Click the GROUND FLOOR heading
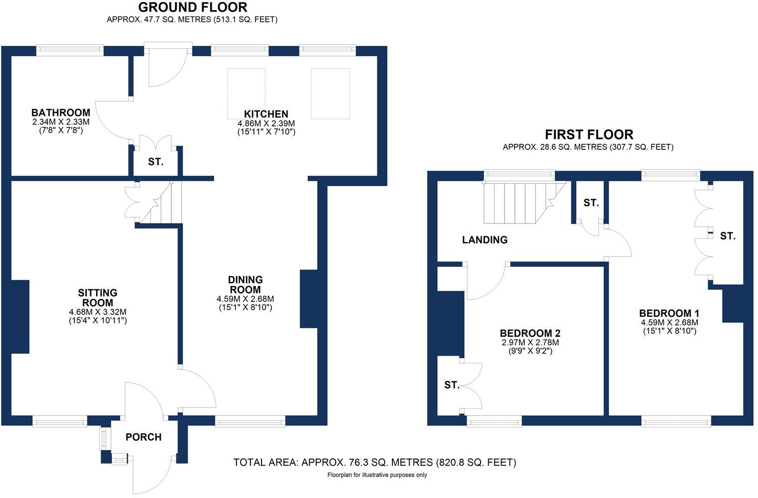point(192,7)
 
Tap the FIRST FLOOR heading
point(589,135)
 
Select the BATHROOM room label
point(61,113)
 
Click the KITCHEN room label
point(266,114)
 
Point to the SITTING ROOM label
point(98,298)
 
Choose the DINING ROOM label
point(245,285)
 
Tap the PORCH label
point(143,437)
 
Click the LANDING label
point(485,240)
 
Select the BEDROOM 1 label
point(669,313)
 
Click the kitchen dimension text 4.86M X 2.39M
point(266,123)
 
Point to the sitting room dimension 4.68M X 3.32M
point(98,312)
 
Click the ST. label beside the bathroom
point(155,162)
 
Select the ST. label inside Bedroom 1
point(727,236)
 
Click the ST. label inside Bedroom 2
point(451,385)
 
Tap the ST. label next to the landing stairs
point(591,203)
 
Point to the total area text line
point(375,463)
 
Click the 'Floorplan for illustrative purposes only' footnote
point(377,475)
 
